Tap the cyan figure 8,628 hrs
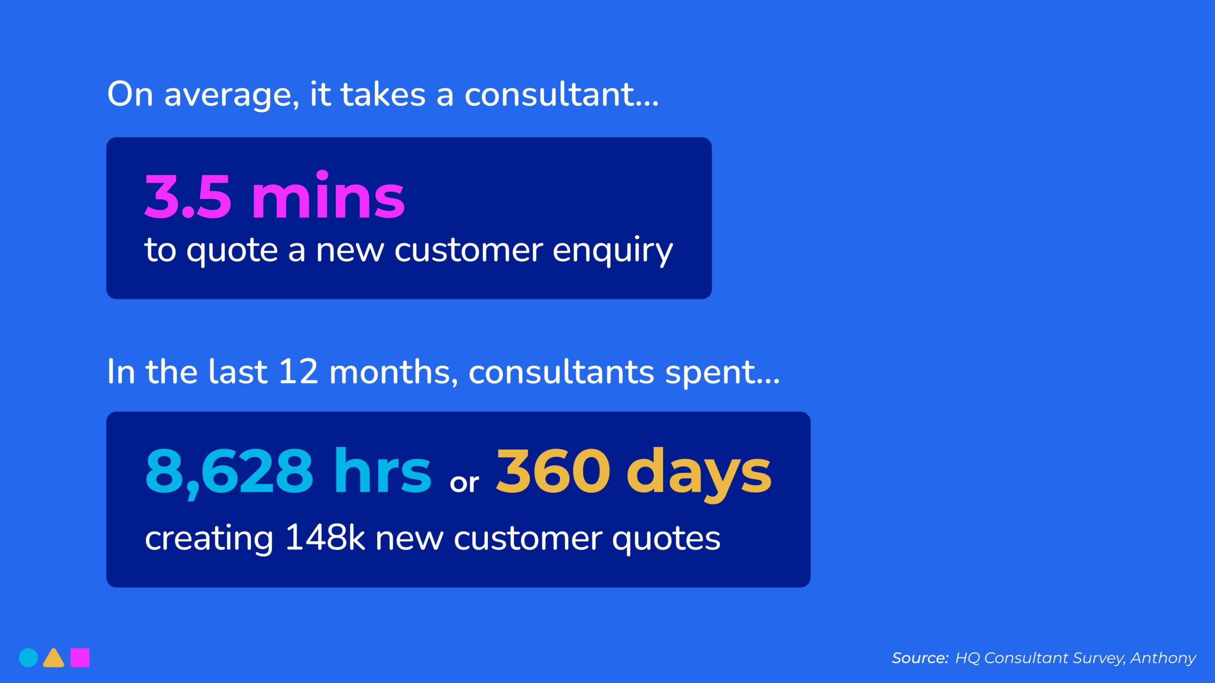tap(288, 471)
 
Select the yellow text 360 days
tap(633, 471)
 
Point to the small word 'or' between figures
tap(464, 483)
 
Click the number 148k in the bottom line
tap(325, 538)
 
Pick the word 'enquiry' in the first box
tap(612, 250)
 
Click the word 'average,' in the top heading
tap(232, 95)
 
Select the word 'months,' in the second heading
tap(393, 372)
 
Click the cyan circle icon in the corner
tap(28, 657)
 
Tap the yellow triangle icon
tap(54, 658)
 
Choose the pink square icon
tap(80, 657)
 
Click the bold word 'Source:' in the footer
tap(920, 658)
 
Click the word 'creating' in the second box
tap(209, 539)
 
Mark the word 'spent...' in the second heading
tap(722, 373)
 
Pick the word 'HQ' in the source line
tap(967, 658)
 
